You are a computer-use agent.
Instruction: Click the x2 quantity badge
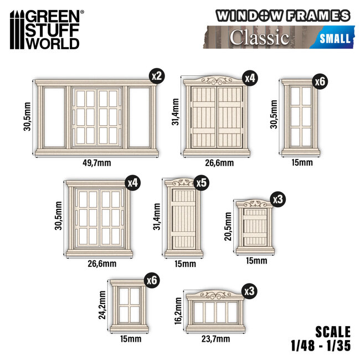tap(157, 76)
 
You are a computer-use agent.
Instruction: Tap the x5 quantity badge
tap(202, 183)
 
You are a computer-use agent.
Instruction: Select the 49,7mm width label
tap(97, 163)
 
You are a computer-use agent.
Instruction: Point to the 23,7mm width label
tap(215, 339)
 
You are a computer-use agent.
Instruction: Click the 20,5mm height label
tap(228, 226)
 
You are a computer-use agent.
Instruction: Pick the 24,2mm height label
tap(102, 305)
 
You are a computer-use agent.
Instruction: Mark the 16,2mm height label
tap(178, 311)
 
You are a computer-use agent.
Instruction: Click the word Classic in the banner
tap(259, 38)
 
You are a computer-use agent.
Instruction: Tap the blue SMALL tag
tap(335, 38)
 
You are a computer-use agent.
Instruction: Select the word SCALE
tap(333, 332)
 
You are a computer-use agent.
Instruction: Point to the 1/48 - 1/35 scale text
tap(321, 346)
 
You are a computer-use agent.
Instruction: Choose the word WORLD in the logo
tap(52, 43)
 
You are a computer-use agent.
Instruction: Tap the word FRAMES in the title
tap(318, 16)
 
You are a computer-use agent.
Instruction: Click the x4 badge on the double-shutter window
tap(250, 78)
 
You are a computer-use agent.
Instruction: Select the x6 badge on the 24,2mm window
tap(152, 280)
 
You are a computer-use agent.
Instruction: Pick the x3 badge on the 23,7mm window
tap(250, 291)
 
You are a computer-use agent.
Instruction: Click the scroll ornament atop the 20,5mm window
tap(255, 203)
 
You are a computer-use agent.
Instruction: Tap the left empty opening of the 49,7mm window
tap(54, 117)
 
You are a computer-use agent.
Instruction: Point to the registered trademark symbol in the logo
tap(82, 12)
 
